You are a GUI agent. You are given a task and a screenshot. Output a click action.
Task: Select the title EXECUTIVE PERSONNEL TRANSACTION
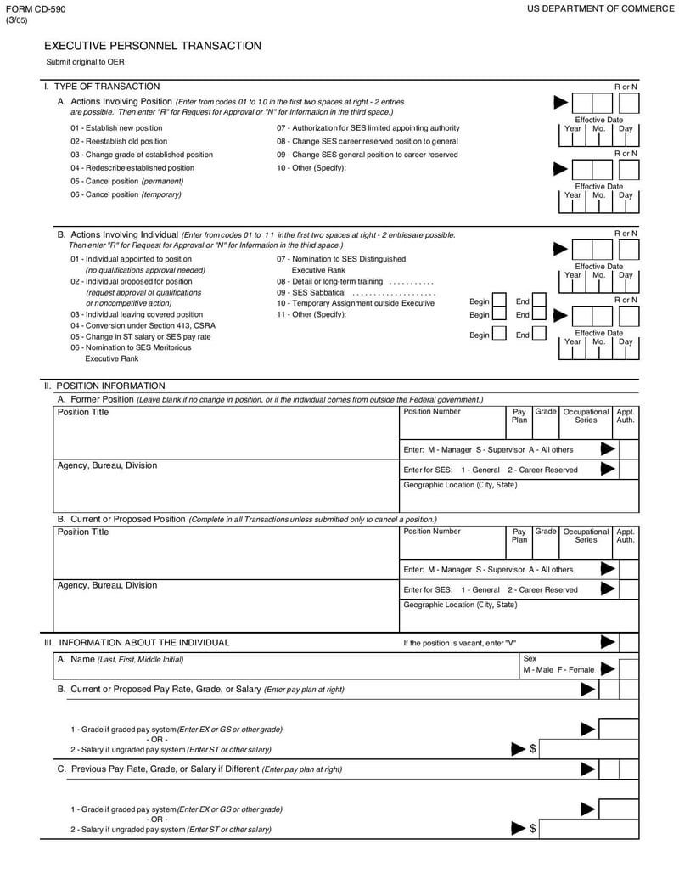[x=153, y=46]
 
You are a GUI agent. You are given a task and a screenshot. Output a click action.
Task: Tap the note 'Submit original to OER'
[x=85, y=63]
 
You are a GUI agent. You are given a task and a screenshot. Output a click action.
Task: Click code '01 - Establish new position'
[x=116, y=127]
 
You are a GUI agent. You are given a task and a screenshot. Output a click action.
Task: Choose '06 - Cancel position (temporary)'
[x=126, y=194]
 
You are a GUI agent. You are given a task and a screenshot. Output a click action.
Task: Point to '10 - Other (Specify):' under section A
[x=311, y=167]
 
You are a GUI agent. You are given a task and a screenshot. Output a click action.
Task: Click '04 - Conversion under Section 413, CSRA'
[x=143, y=325]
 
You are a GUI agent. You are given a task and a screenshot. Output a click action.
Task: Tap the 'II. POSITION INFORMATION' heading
[x=104, y=386]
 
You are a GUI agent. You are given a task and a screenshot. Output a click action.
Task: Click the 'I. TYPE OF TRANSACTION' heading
[x=102, y=86]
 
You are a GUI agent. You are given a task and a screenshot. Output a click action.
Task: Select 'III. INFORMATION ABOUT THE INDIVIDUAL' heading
[x=137, y=642]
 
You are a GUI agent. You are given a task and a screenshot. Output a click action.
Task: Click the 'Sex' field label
[x=530, y=658]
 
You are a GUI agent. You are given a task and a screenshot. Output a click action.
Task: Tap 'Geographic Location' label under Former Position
[x=459, y=485]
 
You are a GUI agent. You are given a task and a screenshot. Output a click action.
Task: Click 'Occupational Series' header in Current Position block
[x=586, y=536]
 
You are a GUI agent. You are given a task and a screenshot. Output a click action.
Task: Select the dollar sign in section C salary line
[x=532, y=828]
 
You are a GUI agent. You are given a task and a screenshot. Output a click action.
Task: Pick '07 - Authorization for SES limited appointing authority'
[x=368, y=127]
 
